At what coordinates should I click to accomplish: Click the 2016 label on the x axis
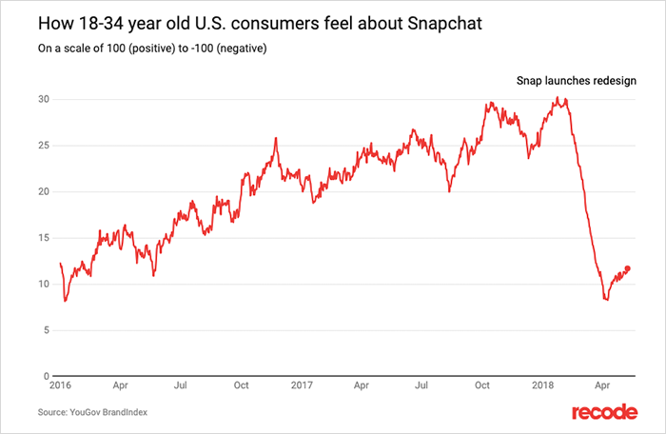click(x=60, y=388)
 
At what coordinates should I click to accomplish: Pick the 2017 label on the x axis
click(x=302, y=388)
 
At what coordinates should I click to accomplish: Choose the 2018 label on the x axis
click(x=543, y=388)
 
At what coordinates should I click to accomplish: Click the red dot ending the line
click(x=627, y=268)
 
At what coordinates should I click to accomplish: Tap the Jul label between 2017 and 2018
click(x=421, y=388)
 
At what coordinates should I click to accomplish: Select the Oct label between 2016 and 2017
click(x=241, y=388)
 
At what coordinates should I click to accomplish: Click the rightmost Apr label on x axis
click(x=602, y=388)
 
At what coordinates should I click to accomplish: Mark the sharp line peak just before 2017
click(x=275, y=138)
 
